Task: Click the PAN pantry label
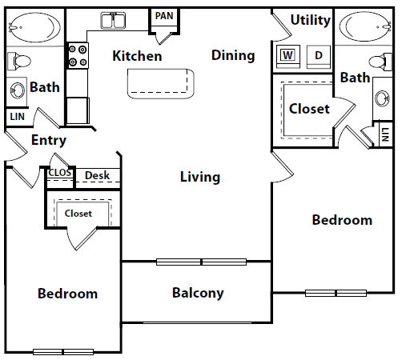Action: (x=164, y=16)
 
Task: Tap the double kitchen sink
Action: (x=113, y=21)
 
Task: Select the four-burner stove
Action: (x=78, y=55)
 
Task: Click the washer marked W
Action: (x=287, y=56)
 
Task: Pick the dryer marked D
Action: (x=319, y=56)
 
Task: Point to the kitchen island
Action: (x=161, y=84)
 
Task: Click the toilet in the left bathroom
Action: (x=19, y=61)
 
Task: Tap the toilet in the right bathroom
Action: (x=380, y=62)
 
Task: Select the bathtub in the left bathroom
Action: (x=34, y=27)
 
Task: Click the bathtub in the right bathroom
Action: (x=365, y=26)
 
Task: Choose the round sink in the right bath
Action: (x=382, y=98)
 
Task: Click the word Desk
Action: (x=97, y=175)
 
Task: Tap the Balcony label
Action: (x=198, y=293)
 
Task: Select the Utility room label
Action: (x=311, y=20)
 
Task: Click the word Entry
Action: (x=49, y=140)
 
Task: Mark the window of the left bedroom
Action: (x=63, y=352)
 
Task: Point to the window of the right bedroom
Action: (x=336, y=294)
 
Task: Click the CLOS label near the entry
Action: (x=60, y=173)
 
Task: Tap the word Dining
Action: (x=233, y=56)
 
